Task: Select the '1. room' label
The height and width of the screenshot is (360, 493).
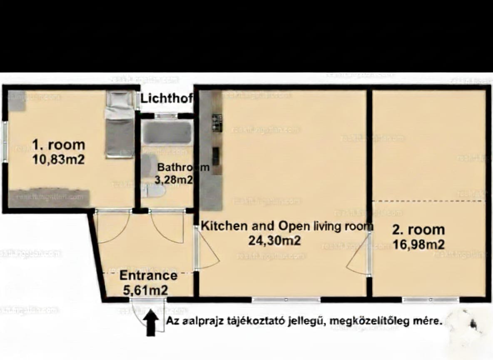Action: (x=59, y=145)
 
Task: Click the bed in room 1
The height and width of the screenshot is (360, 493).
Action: (x=120, y=125)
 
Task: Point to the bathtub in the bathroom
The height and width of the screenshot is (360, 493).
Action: (x=167, y=132)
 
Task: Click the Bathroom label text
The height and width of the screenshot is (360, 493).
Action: (x=183, y=167)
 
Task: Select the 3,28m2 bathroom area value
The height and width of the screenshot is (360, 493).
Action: (x=175, y=180)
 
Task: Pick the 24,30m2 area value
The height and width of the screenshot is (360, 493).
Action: (x=274, y=240)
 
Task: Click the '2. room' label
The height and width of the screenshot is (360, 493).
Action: (x=418, y=230)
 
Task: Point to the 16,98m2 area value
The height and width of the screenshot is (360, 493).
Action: (x=418, y=244)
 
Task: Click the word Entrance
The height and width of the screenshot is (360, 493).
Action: (x=148, y=276)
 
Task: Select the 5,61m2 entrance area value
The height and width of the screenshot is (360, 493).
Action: (x=146, y=290)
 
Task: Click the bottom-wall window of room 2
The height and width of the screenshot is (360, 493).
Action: (x=430, y=300)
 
